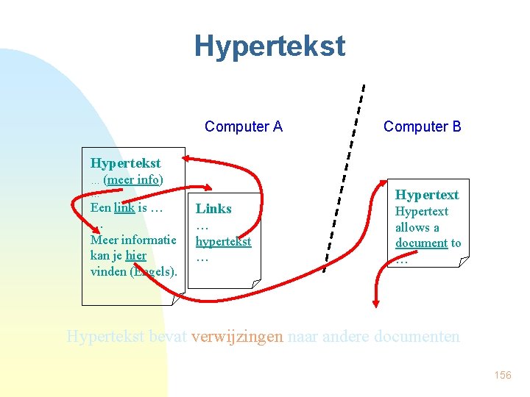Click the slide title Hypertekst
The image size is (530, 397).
pos(269,46)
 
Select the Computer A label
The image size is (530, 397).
pos(243,126)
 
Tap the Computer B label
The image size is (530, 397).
pos(422,126)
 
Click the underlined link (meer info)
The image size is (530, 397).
pos(133,179)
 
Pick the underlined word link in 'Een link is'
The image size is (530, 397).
pos(124,207)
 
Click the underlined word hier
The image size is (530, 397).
pos(135,255)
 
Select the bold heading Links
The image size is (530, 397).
pos(213,209)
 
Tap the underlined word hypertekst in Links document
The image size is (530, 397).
pos(223,241)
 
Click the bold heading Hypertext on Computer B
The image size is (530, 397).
pos(427,195)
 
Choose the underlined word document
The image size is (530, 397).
pos(421,243)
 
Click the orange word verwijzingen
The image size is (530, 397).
pos(236,337)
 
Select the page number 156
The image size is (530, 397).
pos(502,375)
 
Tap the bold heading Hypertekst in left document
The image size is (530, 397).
pos(125,162)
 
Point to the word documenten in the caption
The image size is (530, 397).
pos(416,337)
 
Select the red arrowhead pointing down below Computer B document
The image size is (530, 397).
pos(376,301)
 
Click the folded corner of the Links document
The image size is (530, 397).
pos(255,283)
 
